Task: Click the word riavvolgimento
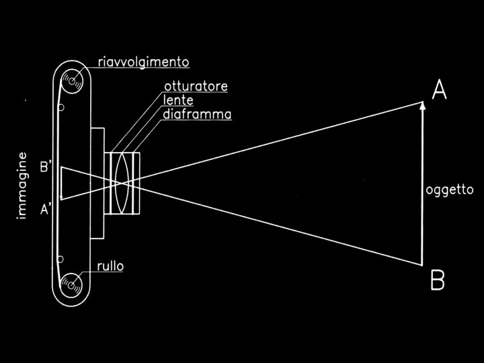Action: coord(142,63)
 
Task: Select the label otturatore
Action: coord(196,87)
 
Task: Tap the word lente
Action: coord(177,101)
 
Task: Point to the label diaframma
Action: coord(197,114)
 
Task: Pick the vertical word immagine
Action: coord(22,186)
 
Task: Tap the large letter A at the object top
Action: coord(439,90)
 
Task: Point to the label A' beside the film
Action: coord(46,209)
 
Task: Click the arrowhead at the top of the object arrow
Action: coord(422,106)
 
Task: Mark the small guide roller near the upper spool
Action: coord(61,108)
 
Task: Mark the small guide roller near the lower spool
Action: coord(61,258)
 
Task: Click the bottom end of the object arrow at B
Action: coord(422,264)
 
